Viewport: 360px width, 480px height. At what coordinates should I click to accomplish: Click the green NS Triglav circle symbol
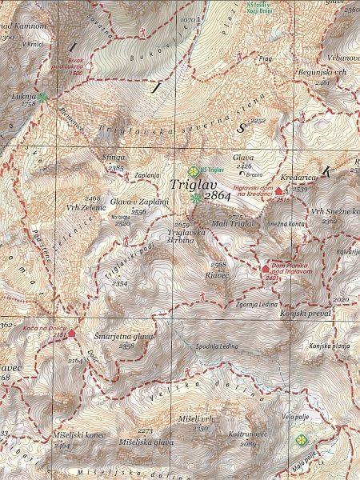[x=192, y=170]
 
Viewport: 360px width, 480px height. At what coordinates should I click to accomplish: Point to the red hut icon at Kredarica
[x=278, y=191]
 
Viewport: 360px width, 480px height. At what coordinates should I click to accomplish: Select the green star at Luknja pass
[x=42, y=97]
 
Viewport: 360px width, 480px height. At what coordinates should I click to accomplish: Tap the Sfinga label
[x=114, y=160]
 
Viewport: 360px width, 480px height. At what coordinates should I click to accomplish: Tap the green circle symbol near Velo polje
[x=301, y=439]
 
